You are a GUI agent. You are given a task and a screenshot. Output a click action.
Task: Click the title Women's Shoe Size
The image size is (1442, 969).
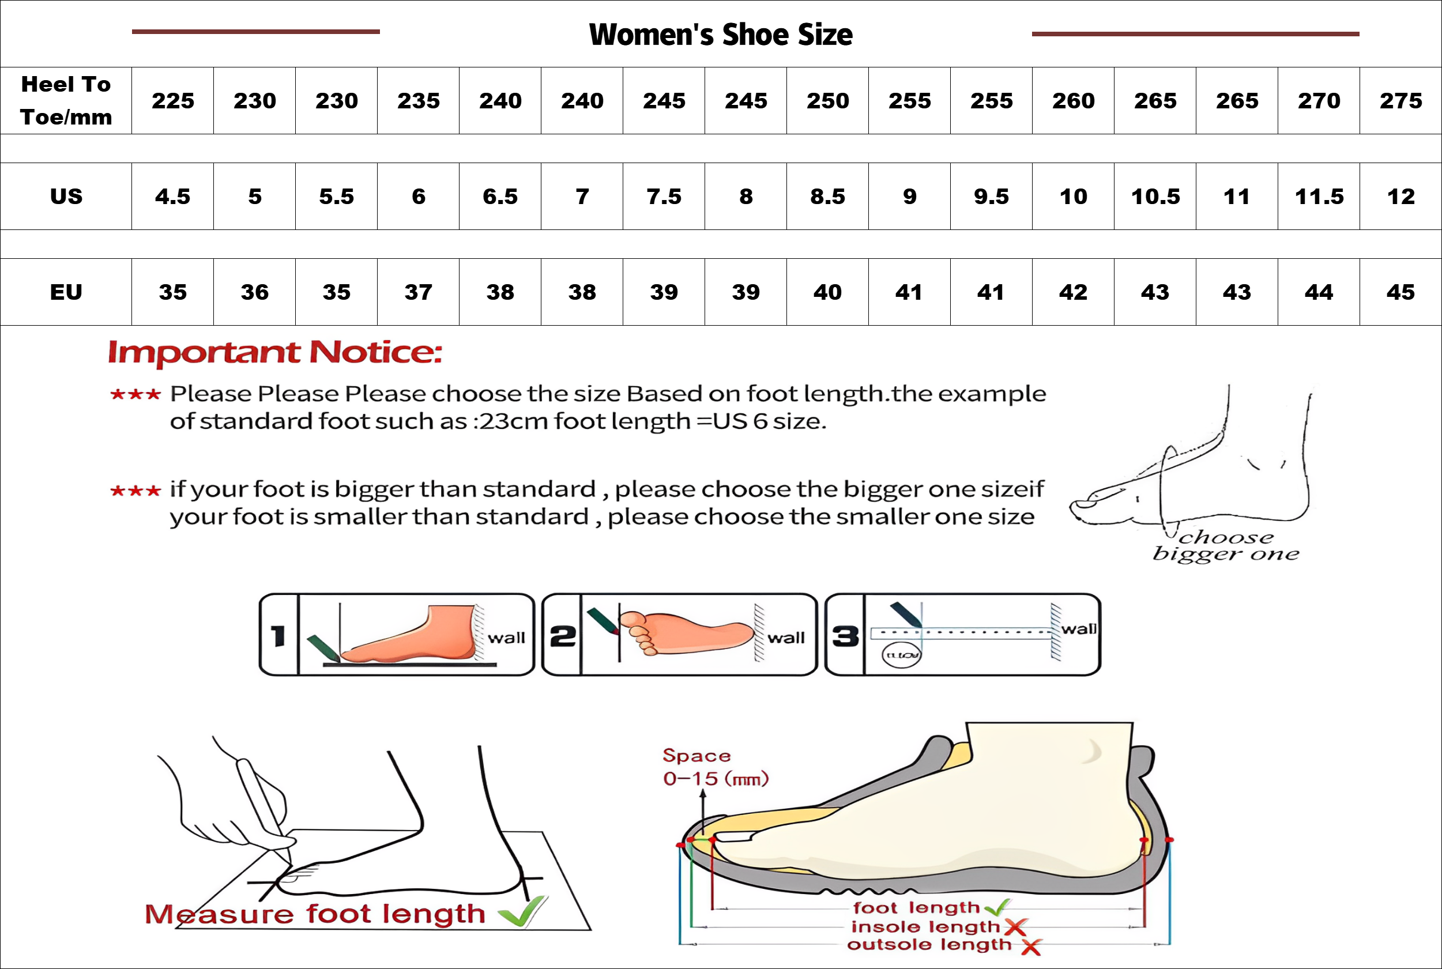coord(721,35)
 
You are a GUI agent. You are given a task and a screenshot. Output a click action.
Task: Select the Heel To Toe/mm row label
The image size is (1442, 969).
coord(66,101)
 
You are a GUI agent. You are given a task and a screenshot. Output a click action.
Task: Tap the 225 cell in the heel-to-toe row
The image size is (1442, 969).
coord(173,101)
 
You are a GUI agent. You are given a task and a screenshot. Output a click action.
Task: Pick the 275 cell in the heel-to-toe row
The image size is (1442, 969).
coord(1400,101)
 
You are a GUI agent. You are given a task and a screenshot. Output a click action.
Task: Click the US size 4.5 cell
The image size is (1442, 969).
coord(173,197)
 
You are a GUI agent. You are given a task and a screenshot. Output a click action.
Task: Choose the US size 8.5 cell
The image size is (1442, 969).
coord(827,197)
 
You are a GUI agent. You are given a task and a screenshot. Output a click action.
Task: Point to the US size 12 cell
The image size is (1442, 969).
coord(1400,197)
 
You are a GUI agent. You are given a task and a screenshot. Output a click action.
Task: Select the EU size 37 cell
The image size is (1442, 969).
coord(419,292)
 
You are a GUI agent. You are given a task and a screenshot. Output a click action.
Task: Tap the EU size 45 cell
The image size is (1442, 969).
coord(1400,292)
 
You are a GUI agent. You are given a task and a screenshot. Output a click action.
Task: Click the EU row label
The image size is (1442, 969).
coord(66,292)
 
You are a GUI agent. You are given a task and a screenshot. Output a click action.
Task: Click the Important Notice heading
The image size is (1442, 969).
coord(275,353)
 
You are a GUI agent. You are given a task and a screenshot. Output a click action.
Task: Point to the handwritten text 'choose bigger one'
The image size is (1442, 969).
coord(1226,545)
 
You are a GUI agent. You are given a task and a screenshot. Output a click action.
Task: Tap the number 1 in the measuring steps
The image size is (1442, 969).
coord(278,635)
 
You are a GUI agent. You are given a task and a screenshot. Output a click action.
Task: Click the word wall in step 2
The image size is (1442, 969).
coord(786,638)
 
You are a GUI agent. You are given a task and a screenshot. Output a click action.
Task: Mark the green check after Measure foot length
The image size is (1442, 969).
coord(522,911)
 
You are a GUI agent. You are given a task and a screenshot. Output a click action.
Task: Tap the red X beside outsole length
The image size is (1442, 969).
coord(1031,946)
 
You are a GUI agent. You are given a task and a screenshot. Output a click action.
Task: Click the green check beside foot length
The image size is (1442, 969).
coord(997,908)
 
